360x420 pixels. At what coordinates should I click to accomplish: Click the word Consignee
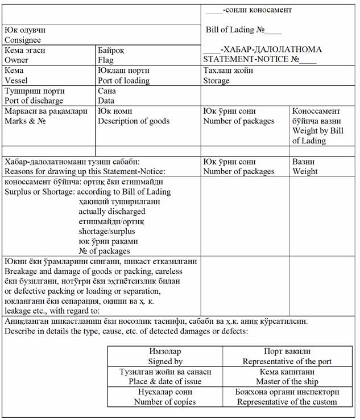pyautogui.click(x=23, y=40)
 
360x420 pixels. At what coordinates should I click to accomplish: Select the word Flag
pyautogui.click(x=106, y=60)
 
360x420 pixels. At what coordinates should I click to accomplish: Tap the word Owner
pyautogui.click(x=16, y=60)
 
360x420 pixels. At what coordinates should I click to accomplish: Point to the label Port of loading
pyautogui.click(x=123, y=80)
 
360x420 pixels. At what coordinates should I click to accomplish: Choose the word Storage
pyautogui.click(x=217, y=80)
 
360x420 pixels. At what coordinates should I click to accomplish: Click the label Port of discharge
pyautogui.click(x=34, y=101)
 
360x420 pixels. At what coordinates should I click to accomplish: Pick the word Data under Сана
pyautogui.click(x=106, y=101)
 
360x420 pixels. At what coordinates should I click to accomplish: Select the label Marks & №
pyautogui.click(x=25, y=121)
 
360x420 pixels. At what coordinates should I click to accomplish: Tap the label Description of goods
pyautogui.click(x=134, y=121)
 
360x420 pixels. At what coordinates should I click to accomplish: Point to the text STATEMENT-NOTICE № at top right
pyautogui.click(x=259, y=59)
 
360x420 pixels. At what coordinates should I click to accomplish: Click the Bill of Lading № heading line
pyautogui.click(x=243, y=30)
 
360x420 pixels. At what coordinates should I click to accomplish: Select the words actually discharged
pyautogui.click(x=112, y=212)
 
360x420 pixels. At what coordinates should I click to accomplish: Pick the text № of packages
pyautogui.click(x=105, y=250)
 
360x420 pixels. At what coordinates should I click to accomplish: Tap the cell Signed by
pyautogui.click(x=165, y=361)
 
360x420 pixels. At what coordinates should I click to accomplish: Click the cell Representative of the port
pyautogui.click(x=287, y=361)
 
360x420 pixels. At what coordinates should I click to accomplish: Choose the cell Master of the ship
pyautogui.click(x=287, y=381)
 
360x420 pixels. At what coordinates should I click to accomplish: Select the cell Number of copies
pyautogui.click(x=165, y=402)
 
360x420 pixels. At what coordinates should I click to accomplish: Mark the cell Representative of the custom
pyautogui.click(x=287, y=402)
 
